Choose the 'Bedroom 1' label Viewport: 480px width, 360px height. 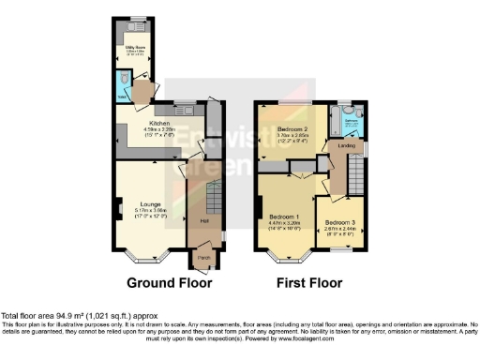point(283,217)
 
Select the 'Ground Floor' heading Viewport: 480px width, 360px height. point(169,282)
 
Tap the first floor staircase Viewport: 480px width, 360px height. point(356,173)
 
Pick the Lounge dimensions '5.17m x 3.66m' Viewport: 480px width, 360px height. point(150,211)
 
